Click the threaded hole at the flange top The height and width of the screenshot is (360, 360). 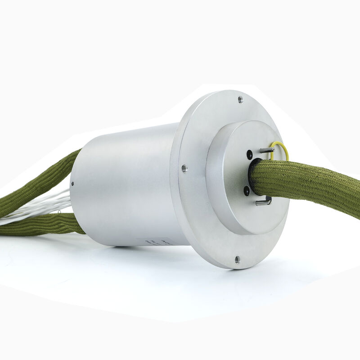240,99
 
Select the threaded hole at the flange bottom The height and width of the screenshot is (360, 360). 237,259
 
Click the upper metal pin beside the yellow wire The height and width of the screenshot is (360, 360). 266,150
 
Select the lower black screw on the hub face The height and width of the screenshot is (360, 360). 247,191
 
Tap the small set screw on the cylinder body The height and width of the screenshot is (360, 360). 72,184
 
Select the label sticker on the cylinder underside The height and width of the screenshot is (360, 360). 155,242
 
